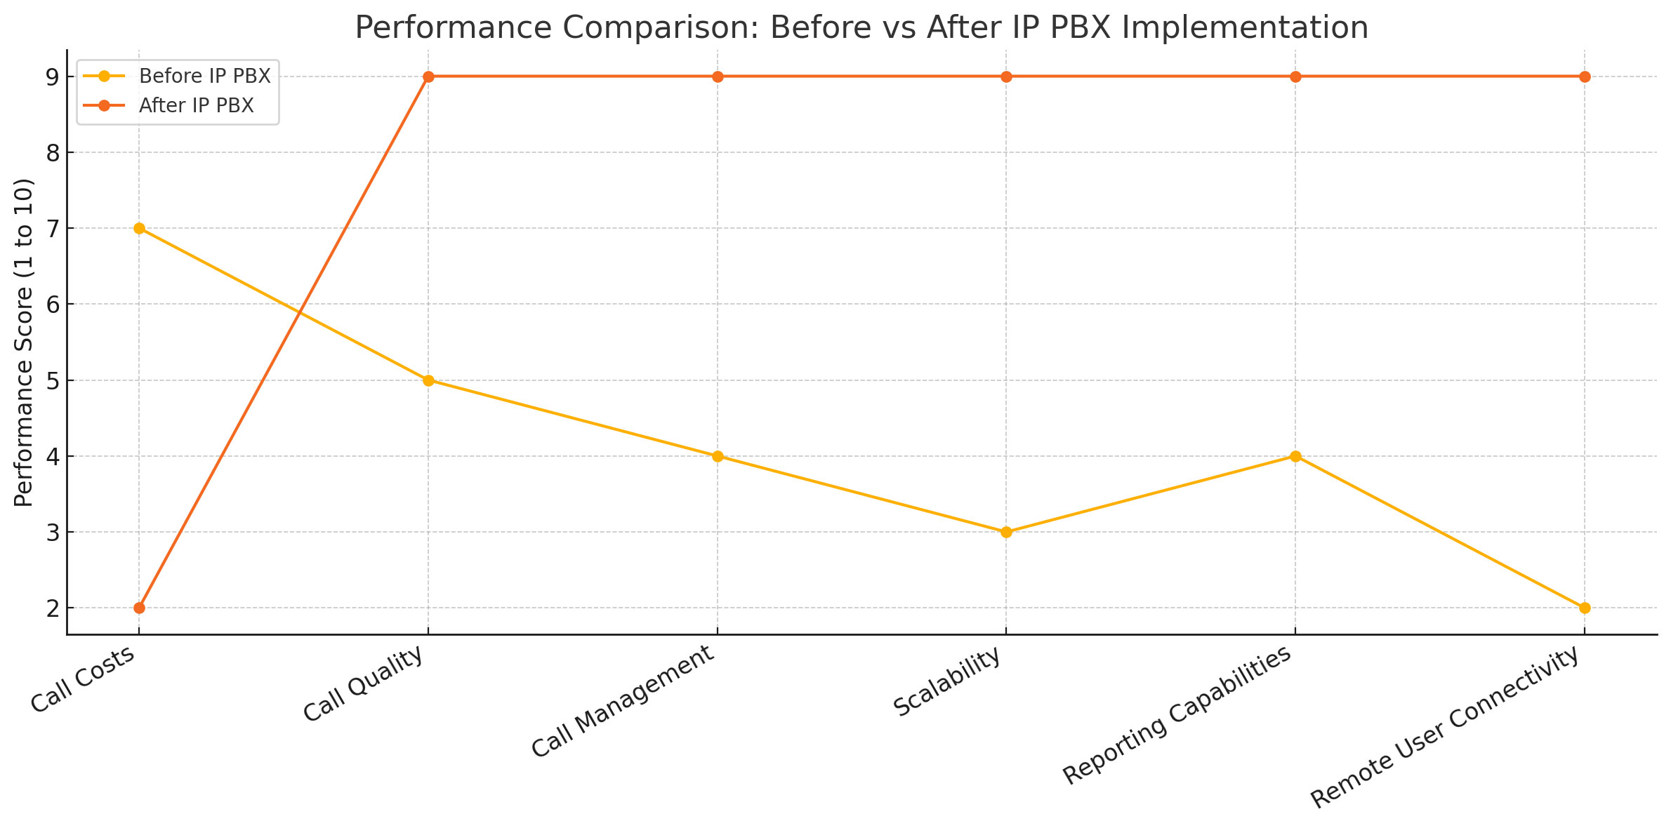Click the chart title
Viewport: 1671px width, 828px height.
tap(861, 28)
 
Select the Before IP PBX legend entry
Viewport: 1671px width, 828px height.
tap(204, 76)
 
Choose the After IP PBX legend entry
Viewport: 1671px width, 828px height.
tap(196, 106)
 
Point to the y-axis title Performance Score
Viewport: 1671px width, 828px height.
tap(24, 342)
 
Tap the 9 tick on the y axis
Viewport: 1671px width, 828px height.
tap(53, 76)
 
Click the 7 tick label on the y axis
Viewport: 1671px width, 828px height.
tap(53, 229)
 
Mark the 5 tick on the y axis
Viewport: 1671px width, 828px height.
tap(53, 381)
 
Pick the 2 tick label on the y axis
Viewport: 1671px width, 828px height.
tap(53, 608)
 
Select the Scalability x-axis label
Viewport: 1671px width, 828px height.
tap(947, 682)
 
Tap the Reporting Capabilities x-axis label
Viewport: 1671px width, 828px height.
tap(1177, 715)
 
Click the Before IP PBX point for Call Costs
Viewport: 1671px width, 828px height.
tap(139, 228)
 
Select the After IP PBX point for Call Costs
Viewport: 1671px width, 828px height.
tap(139, 608)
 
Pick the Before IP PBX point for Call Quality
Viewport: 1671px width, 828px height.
tap(428, 380)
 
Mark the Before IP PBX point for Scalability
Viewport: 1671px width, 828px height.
tap(1006, 532)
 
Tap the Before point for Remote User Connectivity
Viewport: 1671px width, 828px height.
tap(1585, 608)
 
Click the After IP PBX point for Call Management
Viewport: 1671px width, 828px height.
tap(718, 76)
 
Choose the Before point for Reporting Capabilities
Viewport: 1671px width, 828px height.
tap(1295, 456)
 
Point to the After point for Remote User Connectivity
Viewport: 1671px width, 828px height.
tap(1585, 76)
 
